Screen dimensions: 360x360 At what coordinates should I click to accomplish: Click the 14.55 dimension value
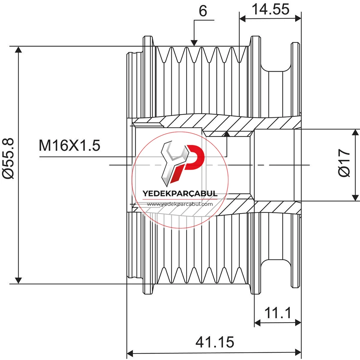[x=270, y=9]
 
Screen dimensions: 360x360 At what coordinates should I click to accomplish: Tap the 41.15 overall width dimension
[x=215, y=342]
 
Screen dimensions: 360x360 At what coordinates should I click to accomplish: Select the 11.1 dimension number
[x=278, y=313]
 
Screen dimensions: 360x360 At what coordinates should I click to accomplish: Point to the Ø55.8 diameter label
[x=9, y=158]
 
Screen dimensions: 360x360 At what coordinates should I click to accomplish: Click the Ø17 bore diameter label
[x=344, y=163]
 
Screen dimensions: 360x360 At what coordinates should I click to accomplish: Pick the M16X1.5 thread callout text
[x=69, y=145]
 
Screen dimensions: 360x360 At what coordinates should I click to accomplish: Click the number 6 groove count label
[x=203, y=11]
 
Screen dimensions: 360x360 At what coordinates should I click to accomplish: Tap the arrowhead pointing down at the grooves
[x=194, y=43]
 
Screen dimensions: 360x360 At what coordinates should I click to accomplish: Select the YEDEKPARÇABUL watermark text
[x=180, y=193]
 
